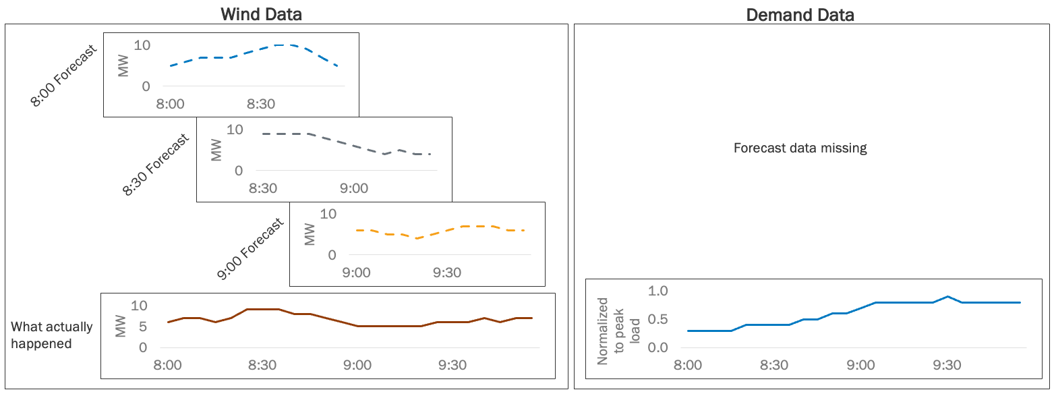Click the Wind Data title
[x=262, y=14]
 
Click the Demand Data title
[x=800, y=15]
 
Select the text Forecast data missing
[x=800, y=148]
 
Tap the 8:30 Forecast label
[x=156, y=165]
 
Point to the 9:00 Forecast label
[x=250, y=250]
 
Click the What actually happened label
[x=52, y=335]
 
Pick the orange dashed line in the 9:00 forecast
[x=445, y=230]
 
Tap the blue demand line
[x=904, y=302]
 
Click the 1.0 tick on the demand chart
[x=657, y=291]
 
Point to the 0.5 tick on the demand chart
[x=657, y=319]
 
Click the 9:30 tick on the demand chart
[x=947, y=365]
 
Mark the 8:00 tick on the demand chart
[x=688, y=365]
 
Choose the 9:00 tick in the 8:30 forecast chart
[x=353, y=188]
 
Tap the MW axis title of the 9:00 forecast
[x=310, y=235]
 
